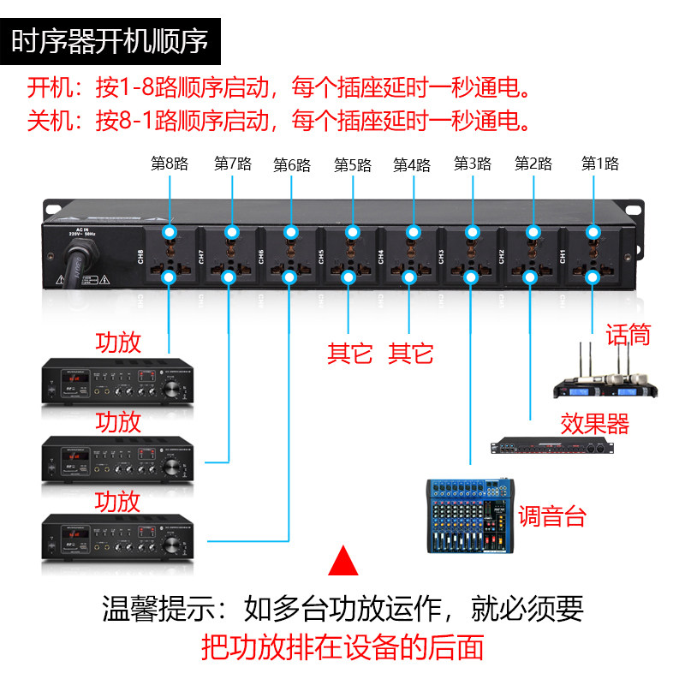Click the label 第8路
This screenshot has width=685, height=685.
coord(169,164)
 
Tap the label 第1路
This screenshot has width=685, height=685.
coord(599,163)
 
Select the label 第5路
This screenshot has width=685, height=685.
coord(352,164)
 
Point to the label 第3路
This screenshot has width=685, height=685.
coord(472,163)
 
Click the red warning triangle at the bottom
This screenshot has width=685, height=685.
coord(343,560)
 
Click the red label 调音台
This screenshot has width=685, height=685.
coord(552,516)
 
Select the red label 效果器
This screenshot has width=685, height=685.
coord(594,423)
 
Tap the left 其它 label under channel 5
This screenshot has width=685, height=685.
coord(349,353)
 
